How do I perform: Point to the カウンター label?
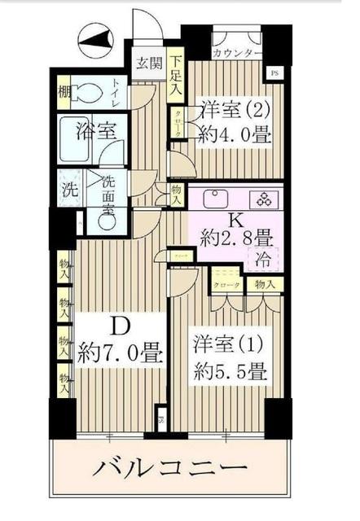pos(237,54)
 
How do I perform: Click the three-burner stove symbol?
pos(266,199)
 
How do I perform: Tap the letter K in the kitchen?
pos(235,219)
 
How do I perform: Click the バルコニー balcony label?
pos(169,470)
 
